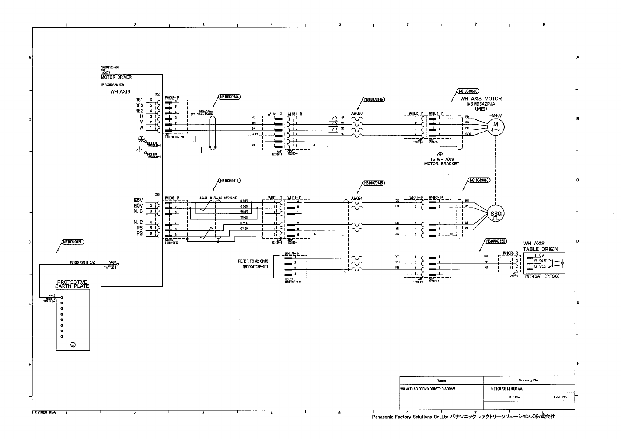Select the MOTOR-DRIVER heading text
pos(116,77)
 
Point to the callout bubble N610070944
pos(229,97)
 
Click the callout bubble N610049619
pos(229,181)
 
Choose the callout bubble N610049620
pos(496,241)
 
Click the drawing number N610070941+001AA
pos(507,389)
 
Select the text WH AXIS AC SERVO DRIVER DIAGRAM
pos(428,389)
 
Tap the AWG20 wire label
pos(357,113)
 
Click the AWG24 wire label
pos(357,198)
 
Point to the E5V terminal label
pos(138,200)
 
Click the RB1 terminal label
pos(139,100)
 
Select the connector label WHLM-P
pos(292,254)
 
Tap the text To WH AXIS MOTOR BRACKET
pos(442,161)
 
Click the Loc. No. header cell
pos(561,397)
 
